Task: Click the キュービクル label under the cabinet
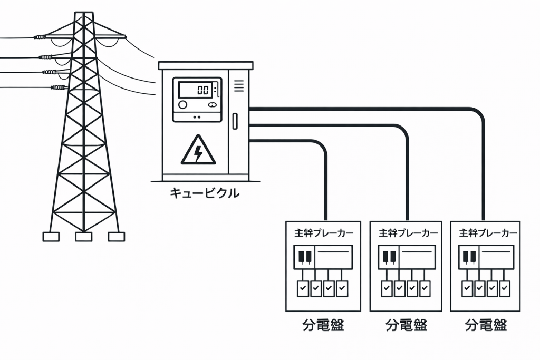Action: (204, 193)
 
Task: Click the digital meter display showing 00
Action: (197, 90)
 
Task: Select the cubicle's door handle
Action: (235, 120)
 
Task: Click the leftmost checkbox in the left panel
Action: (302, 288)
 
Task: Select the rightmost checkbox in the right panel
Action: (505, 288)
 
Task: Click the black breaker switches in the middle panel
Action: (389, 257)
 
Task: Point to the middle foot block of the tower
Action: (83, 237)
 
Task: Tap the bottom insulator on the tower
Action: (58, 87)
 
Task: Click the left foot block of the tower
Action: (51, 237)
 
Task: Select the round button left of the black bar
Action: (183, 105)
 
